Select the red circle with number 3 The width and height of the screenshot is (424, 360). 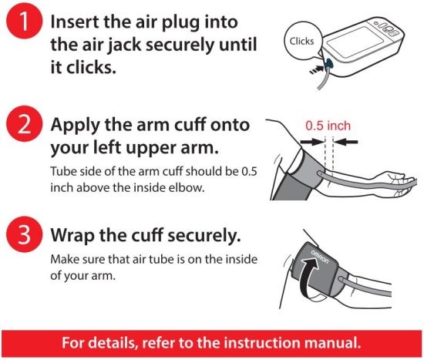coord(24,234)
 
